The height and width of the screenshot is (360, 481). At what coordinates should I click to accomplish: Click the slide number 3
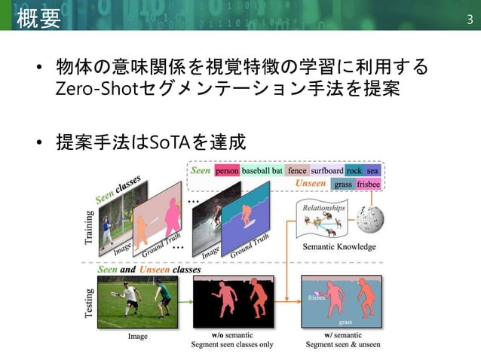click(x=469, y=18)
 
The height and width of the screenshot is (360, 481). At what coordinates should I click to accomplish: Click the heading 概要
click(x=37, y=18)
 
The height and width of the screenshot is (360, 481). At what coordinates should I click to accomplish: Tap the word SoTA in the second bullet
click(x=173, y=141)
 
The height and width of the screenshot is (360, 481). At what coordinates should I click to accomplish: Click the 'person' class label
click(x=226, y=171)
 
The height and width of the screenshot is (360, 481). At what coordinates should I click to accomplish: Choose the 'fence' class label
click(x=297, y=171)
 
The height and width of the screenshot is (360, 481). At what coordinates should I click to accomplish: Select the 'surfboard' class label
click(x=327, y=171)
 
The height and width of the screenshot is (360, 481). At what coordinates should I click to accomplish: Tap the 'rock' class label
click(x=354, y=171)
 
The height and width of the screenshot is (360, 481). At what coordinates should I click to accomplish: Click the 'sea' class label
click(x=372, y=171)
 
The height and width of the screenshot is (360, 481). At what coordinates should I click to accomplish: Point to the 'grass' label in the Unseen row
click(x=343, y=183)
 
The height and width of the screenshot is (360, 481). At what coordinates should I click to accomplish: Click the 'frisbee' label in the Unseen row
click(x=369, y=183)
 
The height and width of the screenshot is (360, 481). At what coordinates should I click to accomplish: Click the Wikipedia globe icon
click(x=372, y=218)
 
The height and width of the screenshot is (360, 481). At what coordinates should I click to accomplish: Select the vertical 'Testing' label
click(x=90, y=305)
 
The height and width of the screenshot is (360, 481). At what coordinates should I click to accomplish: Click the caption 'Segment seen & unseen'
click(x=343, y=345)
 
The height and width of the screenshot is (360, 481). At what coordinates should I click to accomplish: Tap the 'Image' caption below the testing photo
click(x=137, y=336)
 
